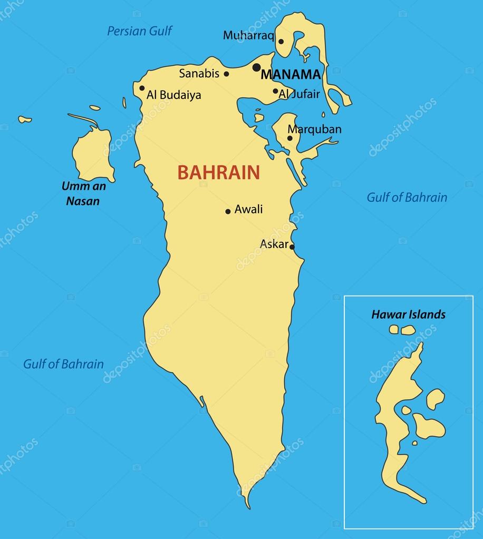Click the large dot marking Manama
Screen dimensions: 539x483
(257, 67)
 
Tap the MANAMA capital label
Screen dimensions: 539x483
(291, 74)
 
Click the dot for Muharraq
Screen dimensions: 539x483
(281, 42)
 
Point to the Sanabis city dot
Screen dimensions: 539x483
(227, 74)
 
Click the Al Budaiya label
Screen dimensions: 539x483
(173, 95)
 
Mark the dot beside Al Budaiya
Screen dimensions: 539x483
(142, 89)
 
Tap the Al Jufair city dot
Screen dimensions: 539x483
(275, 91)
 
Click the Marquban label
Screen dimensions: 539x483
(314, 129)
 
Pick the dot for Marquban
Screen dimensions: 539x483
(289, 139)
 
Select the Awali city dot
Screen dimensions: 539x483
(228, 211)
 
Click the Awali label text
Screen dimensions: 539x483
(248, 209)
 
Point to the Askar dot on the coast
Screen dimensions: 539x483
(292, 247)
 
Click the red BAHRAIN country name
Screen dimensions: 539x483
(218, 173)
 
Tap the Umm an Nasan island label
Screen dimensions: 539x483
(83, 193)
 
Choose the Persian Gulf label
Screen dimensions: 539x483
(140, 31)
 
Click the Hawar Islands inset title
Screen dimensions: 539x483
(408, 315)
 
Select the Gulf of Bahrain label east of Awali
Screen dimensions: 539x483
(407, 198)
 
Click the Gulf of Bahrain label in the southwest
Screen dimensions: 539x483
(63, 364)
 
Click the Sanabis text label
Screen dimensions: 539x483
(199, 73)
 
